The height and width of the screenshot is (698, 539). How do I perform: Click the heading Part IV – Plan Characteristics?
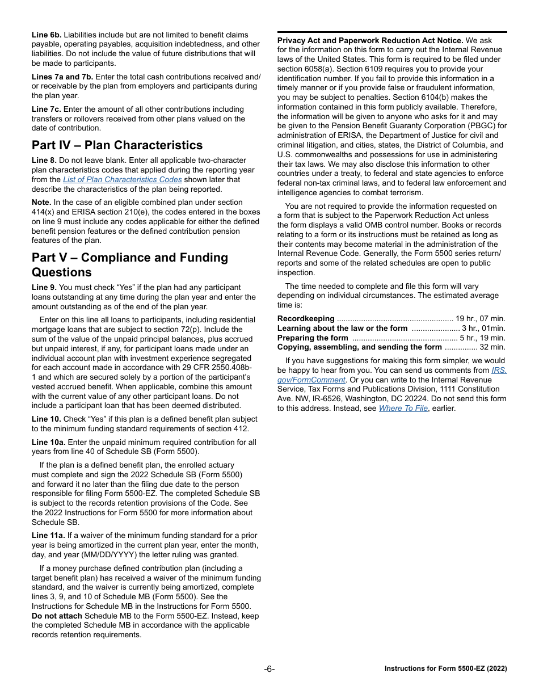(117, 145)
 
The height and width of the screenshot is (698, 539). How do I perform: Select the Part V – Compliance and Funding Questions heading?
(129, 264)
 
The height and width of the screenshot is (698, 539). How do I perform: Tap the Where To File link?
(403, 408)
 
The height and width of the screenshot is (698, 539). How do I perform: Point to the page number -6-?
(269, 669)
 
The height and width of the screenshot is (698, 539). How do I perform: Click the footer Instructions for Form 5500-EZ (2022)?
(445, 669)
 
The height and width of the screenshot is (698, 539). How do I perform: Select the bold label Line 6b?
(47, 35)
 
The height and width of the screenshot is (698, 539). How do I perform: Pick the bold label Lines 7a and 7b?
(62, 77)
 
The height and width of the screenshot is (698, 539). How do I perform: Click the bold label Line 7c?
(46, 110)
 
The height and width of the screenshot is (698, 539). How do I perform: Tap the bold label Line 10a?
(48, 442)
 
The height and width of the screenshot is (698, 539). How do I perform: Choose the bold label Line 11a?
(48, 536)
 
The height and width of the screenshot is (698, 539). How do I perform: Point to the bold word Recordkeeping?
(306, 319)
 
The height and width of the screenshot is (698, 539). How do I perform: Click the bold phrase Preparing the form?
(313, 338)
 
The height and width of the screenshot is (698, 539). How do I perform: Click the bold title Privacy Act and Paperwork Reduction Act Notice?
(370, 40)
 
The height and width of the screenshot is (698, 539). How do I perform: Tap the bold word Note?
(41, 203)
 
